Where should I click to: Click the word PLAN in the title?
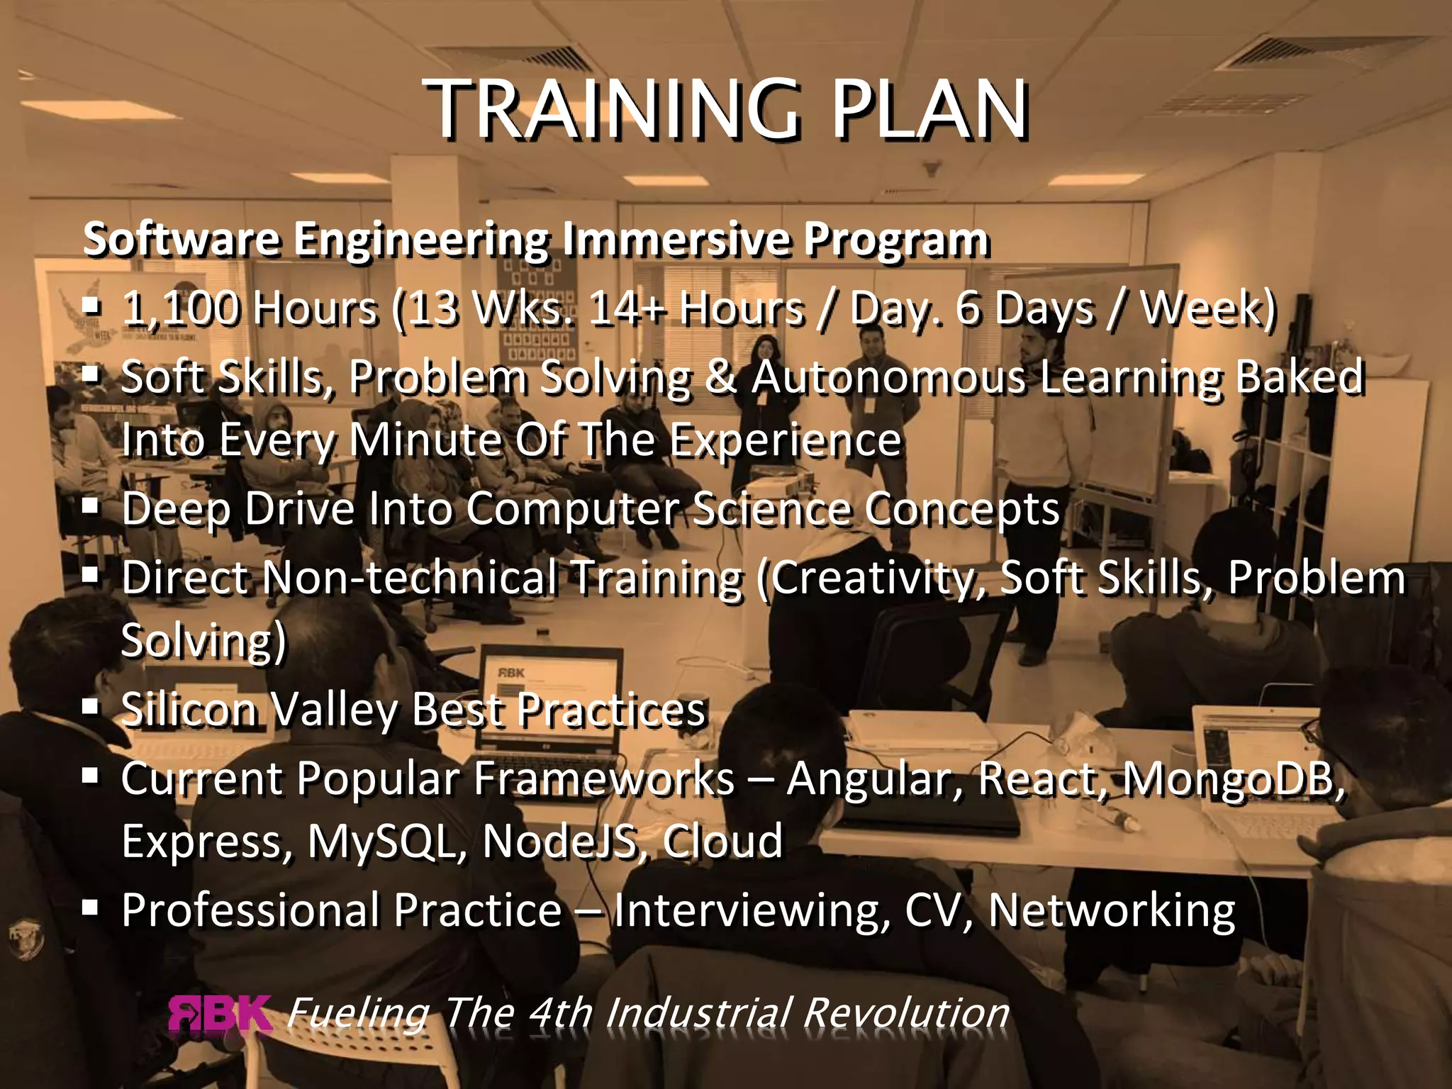[x=929, y=110]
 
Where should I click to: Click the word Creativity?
[x=872, y=579]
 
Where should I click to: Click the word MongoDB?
[x=1234, y=778]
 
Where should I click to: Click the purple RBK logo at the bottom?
[x=220, y=1014]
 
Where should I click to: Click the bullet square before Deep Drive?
[x=90, y=506]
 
